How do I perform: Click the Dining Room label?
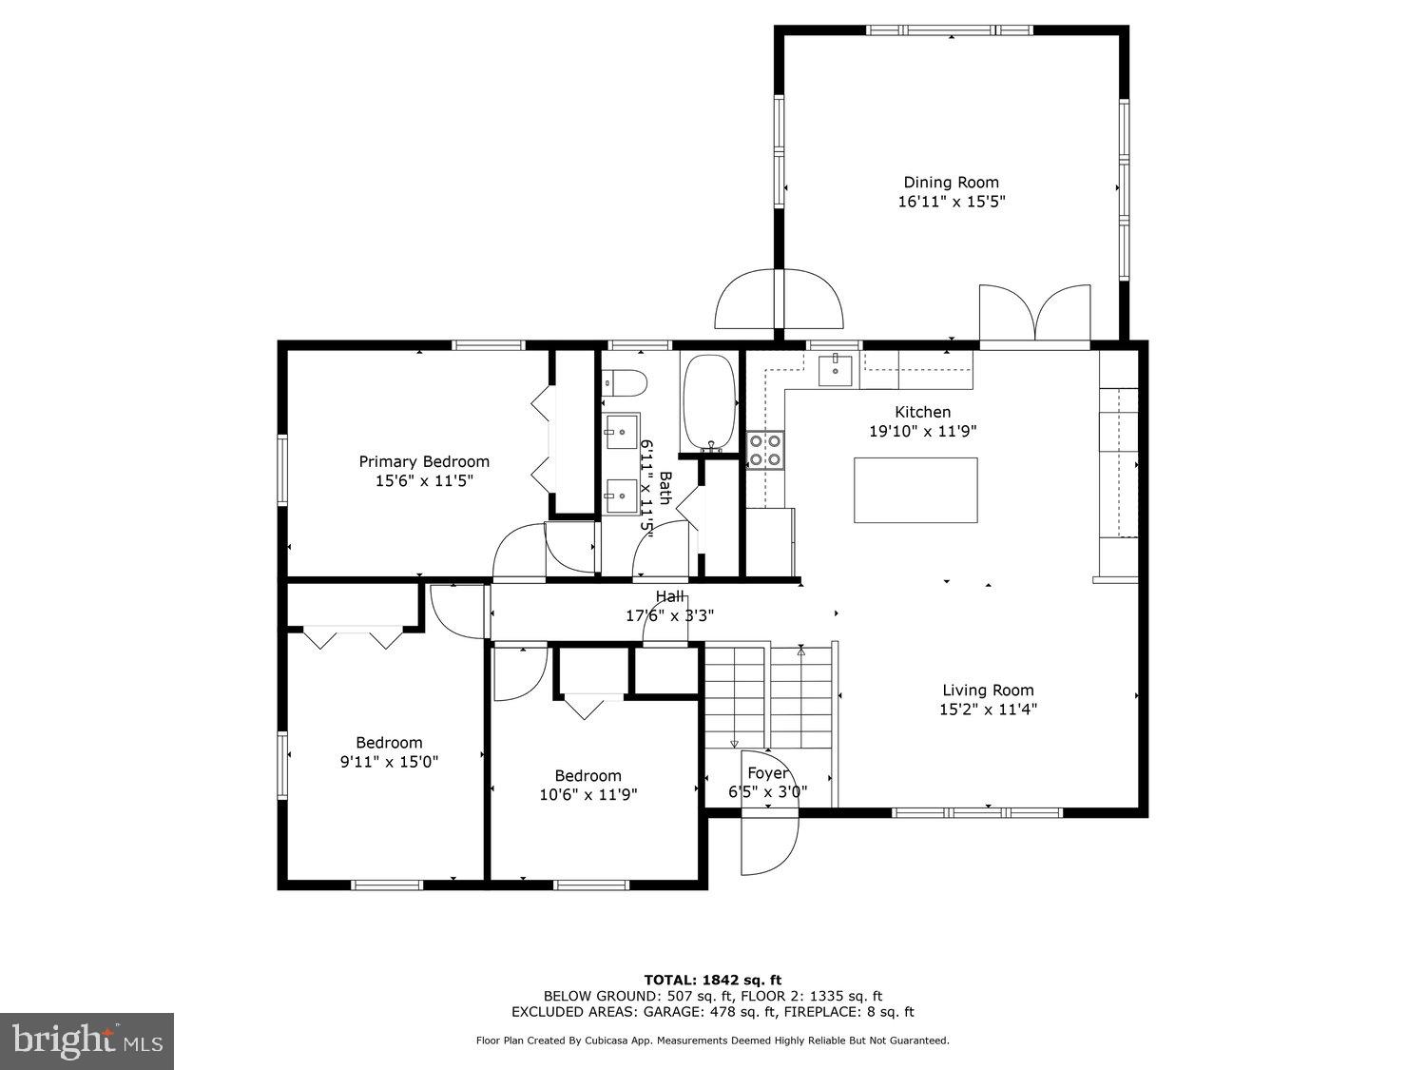click(x=951, y=183)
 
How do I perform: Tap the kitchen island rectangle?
click(x=915, y=490)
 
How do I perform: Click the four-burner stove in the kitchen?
click(x=764, y=450)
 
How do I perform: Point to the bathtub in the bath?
click(x=709, y=402)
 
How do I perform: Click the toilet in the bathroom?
click(x=625, y=382)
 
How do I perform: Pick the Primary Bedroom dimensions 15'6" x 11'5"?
click(x=424, y=481)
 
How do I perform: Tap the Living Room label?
click(x=988, y=691)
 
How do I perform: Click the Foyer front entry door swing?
click(x=770, y=845)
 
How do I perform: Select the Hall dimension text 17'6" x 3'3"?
click(x=669, y=615)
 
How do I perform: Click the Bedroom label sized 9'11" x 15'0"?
click(x=389, y=743)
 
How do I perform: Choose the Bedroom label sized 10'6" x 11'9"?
click(x=588, y=776)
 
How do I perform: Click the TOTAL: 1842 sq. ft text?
click(x=712, y=980)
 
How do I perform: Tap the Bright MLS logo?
click(x=87, y=1041)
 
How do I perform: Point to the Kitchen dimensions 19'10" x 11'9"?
click(x=922, y=431)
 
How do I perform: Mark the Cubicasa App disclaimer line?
click(x=712, y=1041)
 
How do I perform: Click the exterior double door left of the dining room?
click(x=778, y=300)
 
